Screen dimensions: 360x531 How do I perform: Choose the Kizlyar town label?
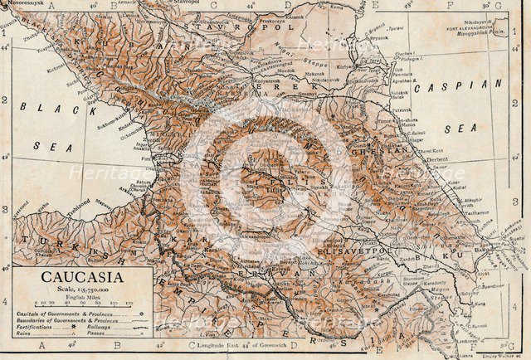pos(372,66)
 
